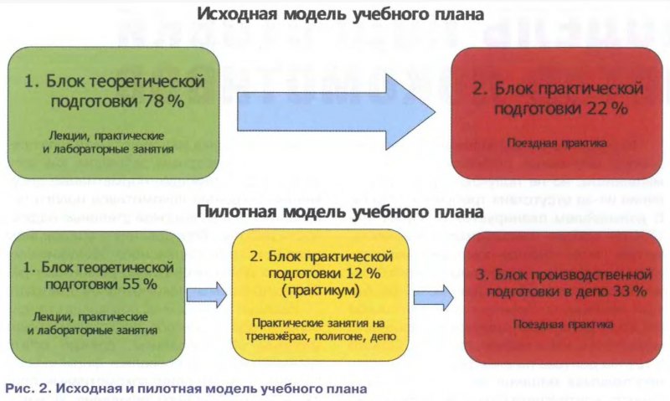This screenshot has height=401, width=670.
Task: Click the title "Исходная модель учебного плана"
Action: tap(341, 14)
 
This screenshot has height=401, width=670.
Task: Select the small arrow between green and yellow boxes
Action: tap(209, 293)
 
